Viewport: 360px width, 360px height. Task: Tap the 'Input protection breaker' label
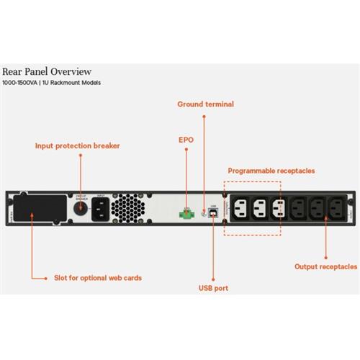78,145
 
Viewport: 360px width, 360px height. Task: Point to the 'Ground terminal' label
205,104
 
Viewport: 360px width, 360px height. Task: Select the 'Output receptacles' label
325,266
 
